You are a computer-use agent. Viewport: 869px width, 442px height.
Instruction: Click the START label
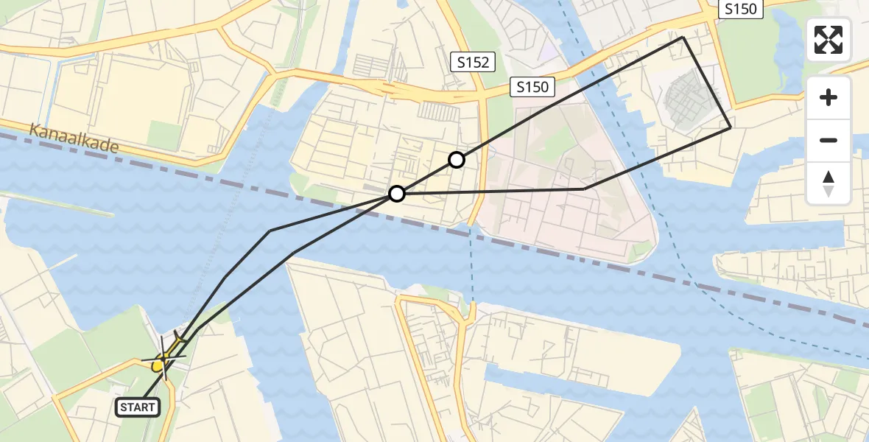click(138, 407)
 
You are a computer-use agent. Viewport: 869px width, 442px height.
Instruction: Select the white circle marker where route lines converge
click(397, 194)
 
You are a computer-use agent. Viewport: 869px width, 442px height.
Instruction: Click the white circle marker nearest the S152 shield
click(457, 160)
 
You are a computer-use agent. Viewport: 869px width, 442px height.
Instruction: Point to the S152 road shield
click(472, 63)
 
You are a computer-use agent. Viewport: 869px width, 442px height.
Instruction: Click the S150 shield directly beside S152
click(532, 87)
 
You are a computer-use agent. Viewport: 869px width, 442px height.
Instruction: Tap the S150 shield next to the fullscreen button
click(740, 9)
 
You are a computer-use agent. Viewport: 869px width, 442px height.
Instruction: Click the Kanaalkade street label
click(74, 138)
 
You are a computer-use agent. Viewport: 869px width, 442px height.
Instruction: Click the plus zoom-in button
click(828, 98)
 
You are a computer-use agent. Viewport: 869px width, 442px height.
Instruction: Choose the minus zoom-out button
click(828, 140)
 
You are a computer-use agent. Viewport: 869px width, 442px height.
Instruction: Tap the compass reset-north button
click(828, 183)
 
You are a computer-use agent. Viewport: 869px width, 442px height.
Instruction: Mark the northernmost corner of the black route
click(683, 37)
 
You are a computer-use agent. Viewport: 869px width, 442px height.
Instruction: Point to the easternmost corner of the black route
click(731, 128)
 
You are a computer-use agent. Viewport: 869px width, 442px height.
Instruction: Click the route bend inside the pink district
click(585, 189)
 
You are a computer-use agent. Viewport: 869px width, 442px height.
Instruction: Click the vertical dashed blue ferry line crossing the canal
click(472, 265)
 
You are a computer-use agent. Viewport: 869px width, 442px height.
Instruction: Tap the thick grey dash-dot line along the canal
click(589, 262)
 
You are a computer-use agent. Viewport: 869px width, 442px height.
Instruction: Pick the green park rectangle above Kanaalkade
click(164, 136)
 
